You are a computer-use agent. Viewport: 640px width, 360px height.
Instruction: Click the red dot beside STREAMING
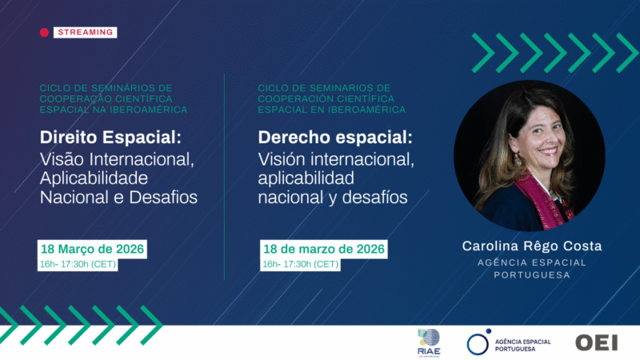point(45,33)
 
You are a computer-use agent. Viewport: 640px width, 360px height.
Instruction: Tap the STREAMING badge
point(86,33)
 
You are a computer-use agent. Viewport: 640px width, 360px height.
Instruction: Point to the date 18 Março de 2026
point(93,249)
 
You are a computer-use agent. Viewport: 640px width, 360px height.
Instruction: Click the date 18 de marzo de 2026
point(324,249)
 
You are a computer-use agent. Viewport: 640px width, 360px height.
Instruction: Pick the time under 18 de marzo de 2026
point(301,264)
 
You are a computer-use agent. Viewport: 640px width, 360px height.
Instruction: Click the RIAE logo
point(429,340)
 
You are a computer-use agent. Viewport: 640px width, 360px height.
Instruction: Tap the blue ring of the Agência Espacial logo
point(478,342)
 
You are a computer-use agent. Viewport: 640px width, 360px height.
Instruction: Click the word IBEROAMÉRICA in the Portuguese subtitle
point(148,110)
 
